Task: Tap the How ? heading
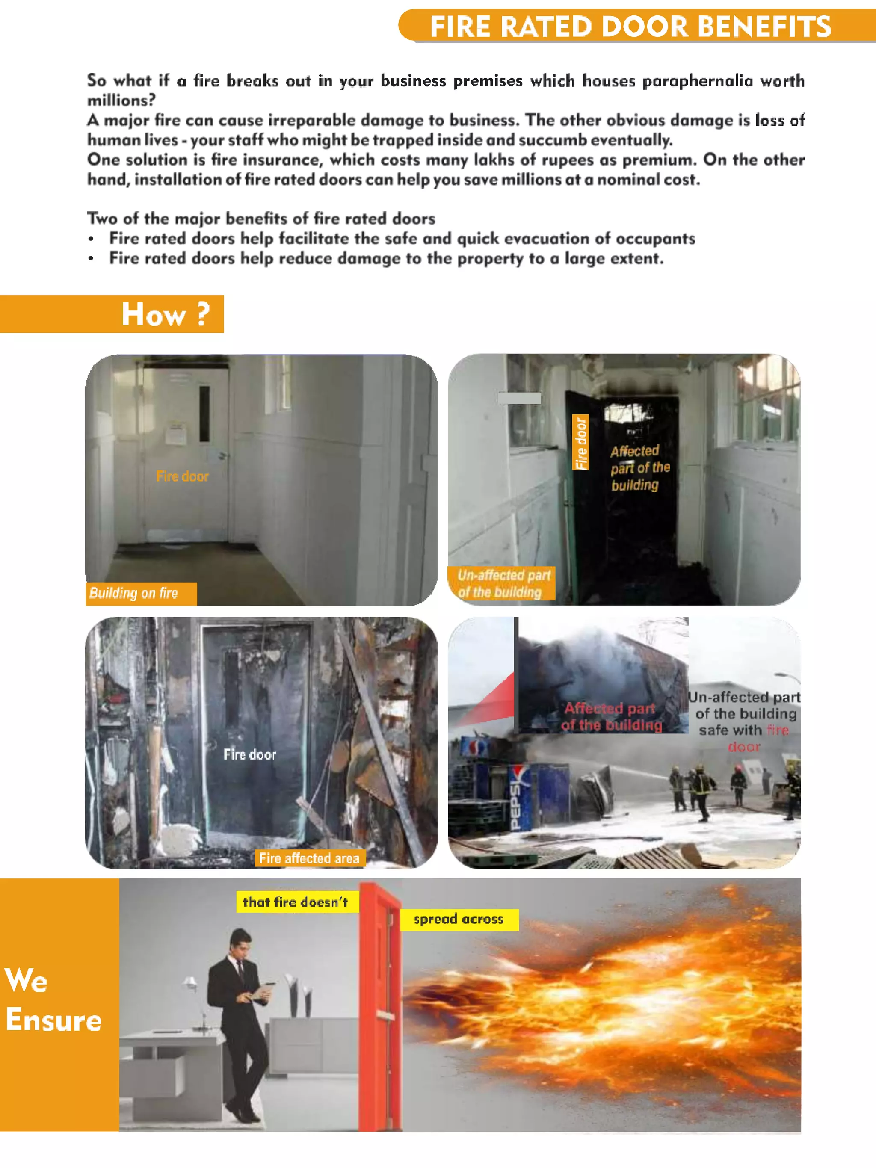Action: pyautogui.click(x=165, y=314)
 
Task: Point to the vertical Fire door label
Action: pyautogui.click(x=581, y=443)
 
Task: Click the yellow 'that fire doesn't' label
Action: pyautogui.click(x=296, y=902)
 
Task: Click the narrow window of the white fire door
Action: pyautogui.click(x=204, y=414)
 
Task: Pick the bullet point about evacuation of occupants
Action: pyautogui.click(x=401, y=238)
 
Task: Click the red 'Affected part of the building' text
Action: pyautogui.click(x=611, y=716)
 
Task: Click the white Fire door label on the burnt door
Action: pyautogui.click(x=249, y=754)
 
